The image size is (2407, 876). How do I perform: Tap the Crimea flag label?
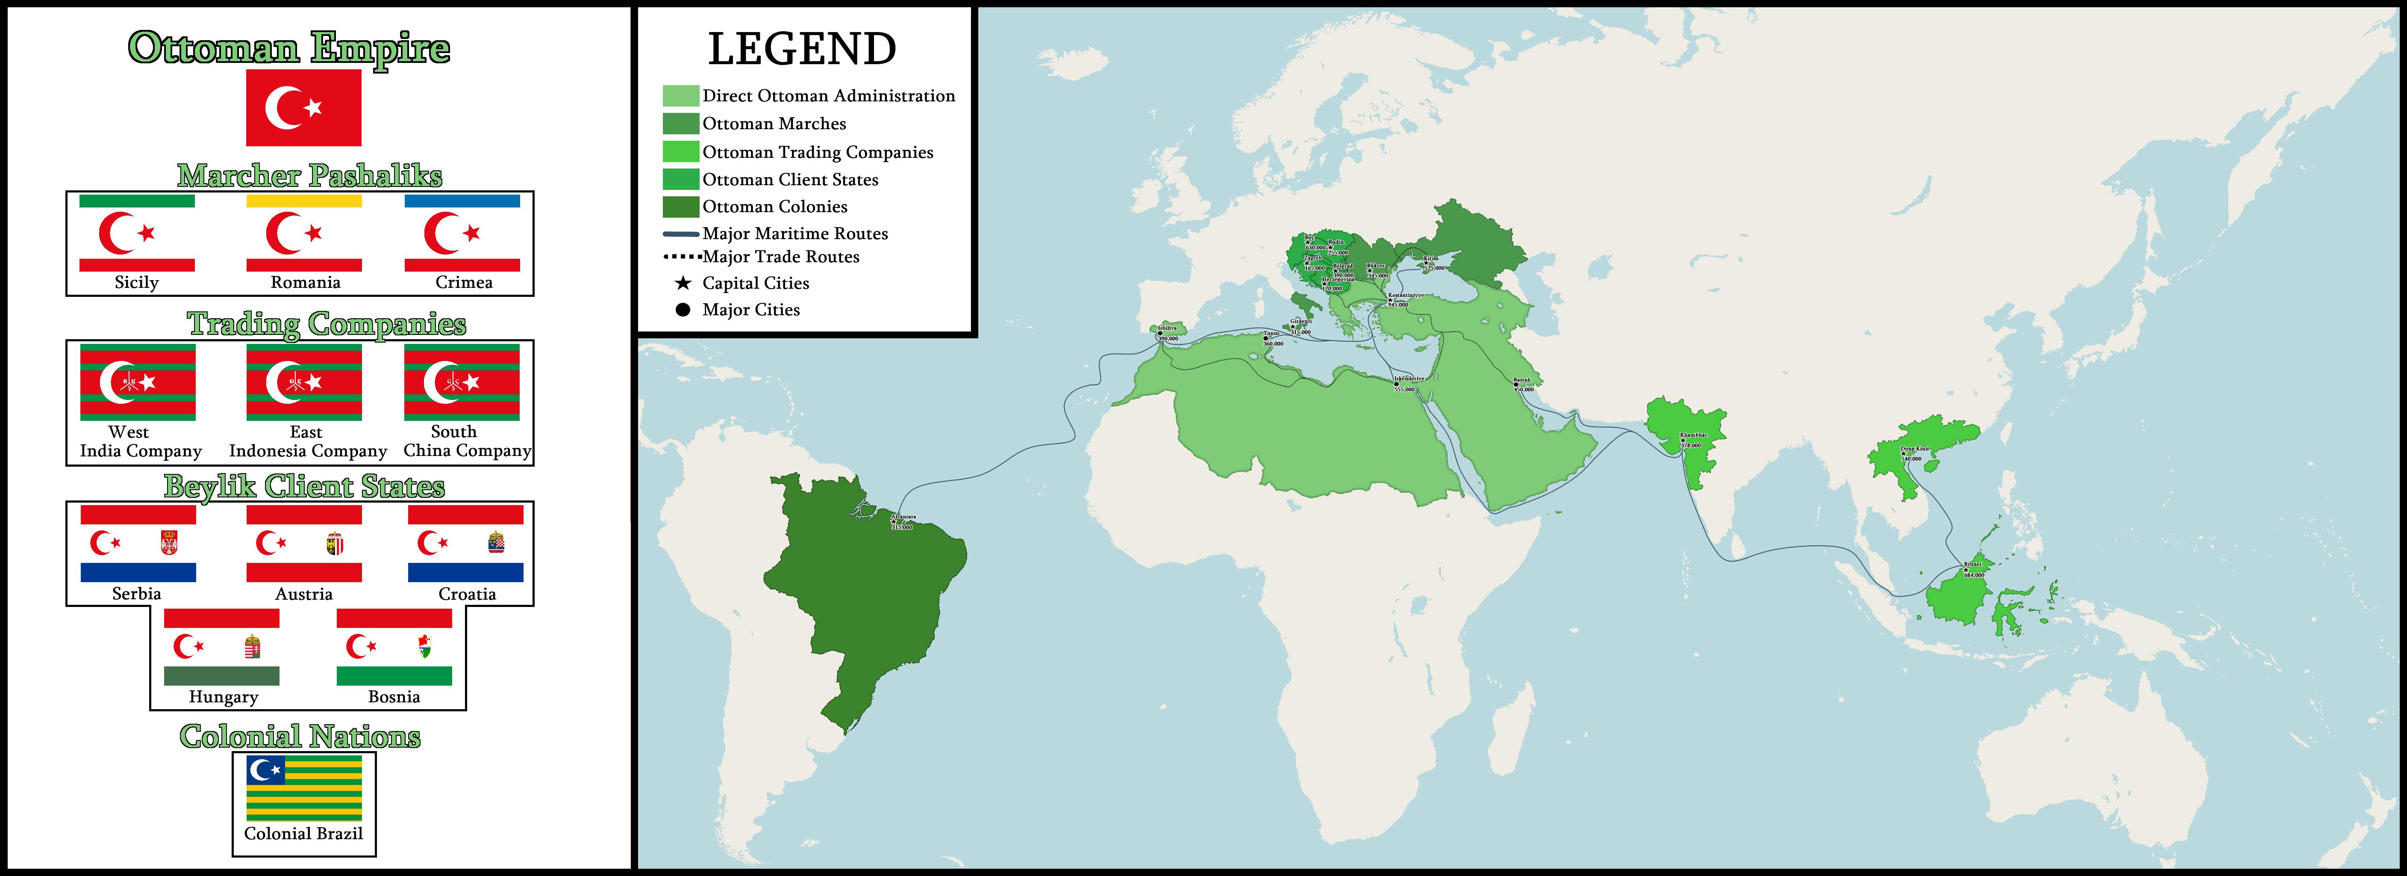463,282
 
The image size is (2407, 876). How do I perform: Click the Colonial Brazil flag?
304,788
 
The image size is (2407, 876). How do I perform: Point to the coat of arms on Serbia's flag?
169,542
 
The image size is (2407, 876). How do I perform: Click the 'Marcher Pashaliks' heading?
309,176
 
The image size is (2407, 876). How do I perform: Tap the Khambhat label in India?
1692,435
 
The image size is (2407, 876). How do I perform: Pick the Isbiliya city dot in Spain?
1159,334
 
